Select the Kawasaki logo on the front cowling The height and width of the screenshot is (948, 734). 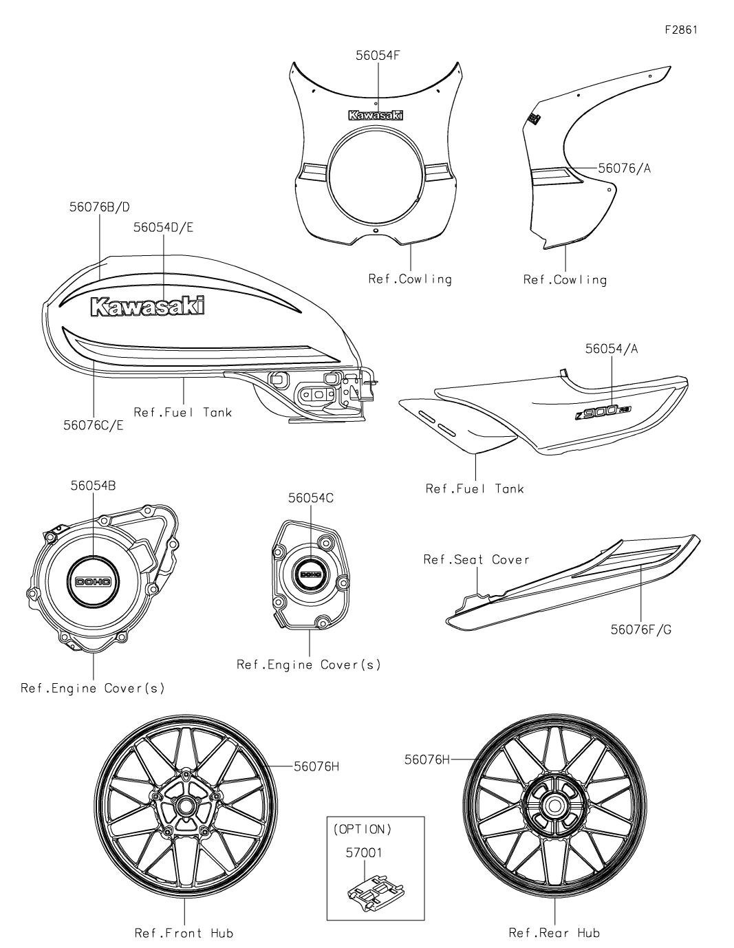click(376, 116)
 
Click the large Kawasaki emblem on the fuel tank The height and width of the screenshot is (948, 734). click(148, 306)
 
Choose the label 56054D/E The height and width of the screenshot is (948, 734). click(164, 228)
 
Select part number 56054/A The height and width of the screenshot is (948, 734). click(612, 349)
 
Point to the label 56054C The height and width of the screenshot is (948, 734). click(311, 498)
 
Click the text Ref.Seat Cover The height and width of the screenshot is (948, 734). click(476, 559)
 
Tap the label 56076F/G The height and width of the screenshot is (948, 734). click(640, 629)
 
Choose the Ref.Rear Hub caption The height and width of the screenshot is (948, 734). click(554, 933)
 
